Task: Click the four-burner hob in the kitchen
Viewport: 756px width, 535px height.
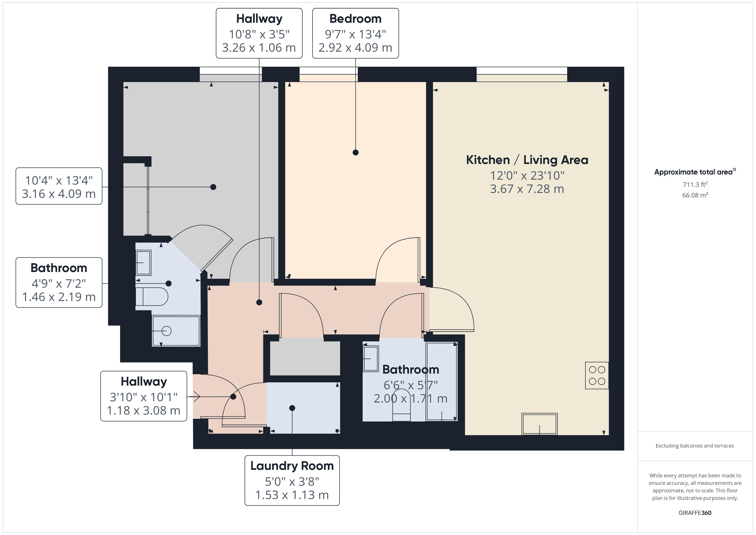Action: point(597,376)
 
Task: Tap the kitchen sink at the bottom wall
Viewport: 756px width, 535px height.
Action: point(539,424)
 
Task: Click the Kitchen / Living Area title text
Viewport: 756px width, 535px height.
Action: point(527,160)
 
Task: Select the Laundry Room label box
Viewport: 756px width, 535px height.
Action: point(292,480)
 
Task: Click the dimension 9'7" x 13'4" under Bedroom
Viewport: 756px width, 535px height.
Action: point(355,34)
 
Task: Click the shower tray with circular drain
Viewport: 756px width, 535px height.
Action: point(176,331)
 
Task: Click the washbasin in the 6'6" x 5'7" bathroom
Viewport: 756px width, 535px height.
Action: point(371,359)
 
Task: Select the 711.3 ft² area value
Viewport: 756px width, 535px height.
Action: point(695,185)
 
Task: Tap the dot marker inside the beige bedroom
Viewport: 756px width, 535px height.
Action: point(355,153)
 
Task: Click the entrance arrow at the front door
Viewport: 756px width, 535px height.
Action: point(196,397)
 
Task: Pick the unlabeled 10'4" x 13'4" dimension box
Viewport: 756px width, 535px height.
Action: point(59,186)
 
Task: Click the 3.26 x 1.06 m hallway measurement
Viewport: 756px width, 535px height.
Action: point(259,48)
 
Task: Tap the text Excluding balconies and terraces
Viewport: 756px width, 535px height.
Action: point(694,446)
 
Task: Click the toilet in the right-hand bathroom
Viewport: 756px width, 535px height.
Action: point(401,406)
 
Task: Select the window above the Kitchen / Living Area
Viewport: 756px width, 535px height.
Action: point(522,74)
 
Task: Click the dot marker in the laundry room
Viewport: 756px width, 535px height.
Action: point(292,408)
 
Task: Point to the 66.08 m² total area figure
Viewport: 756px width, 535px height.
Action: point(695,195)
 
